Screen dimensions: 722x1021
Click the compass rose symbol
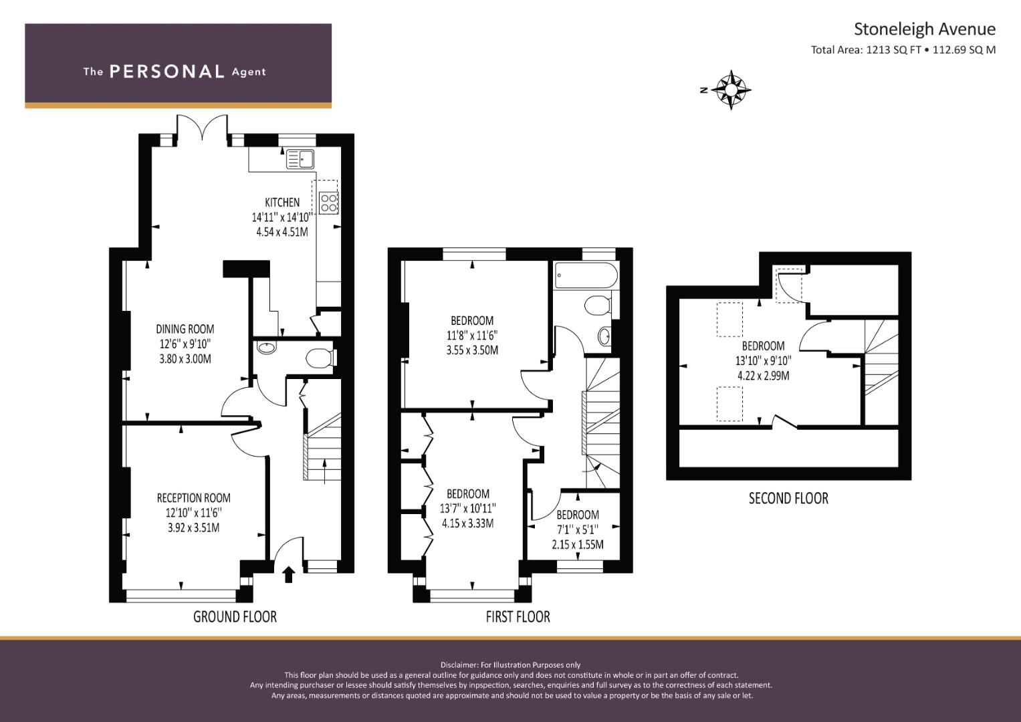pyautogui.click(x=733, y=89)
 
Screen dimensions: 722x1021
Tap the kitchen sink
pyautogui.click(x=300, y=159)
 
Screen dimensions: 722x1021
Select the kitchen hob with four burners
pyautogui.click(x=328, y=203)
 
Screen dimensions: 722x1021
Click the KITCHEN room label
pyautogui.click(x=282, y=202)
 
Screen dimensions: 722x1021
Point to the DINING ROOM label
pyautogui.click(x=185, y=329)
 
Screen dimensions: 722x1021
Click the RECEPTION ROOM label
pyautogui.click(x=193, y=498)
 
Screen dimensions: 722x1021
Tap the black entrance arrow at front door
pyautogui.click(x=289, y=574)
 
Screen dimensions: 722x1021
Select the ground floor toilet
pyautogui.click(x=319, y=358)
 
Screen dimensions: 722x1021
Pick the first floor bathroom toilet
pyautogui.click(x=596, y=306)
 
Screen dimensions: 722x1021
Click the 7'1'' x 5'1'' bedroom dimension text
pyautogui.click(x=577, y=529)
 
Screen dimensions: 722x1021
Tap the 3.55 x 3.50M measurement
pyautogui.click(x=472, y=350)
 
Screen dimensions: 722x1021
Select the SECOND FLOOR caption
pyautogui.click(x=788, y=499)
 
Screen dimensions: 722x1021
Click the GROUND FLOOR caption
pyautogui.click(x=235, y=616)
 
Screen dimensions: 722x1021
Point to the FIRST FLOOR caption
pyautogui.click(x=518, y=616)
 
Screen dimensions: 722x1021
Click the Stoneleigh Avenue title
pyautogui.click(x=924, y=29)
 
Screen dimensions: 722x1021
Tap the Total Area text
pyautogui.click(x=903, y=49)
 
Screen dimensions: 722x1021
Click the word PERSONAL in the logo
pyautogui.click(x=166, y=72)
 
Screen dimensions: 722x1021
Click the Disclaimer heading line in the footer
pyautogui.click(x=510, y=665)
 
